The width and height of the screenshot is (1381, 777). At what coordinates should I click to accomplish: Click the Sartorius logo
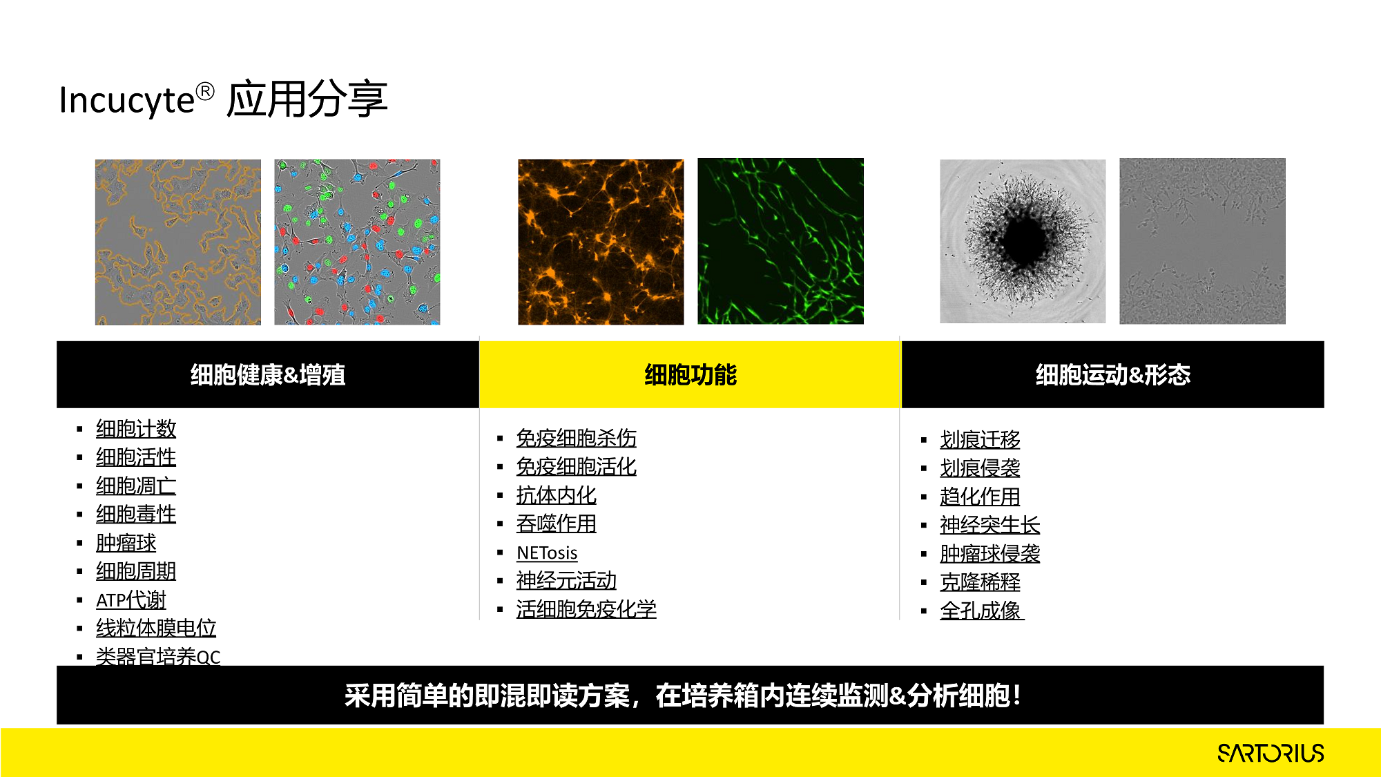[1271, 753]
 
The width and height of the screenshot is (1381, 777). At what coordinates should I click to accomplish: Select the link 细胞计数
[136, 429]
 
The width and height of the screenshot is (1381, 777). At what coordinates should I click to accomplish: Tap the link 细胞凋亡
[136, 486]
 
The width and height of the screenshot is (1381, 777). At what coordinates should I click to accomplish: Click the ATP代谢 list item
[131, 599]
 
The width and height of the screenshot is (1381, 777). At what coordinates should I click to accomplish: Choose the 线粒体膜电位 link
[156, 628]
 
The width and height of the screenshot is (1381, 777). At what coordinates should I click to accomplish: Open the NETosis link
[547, 553]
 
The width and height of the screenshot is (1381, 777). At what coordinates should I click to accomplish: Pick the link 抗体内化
[557, 495]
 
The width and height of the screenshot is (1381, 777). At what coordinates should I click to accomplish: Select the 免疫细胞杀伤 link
[577, 438]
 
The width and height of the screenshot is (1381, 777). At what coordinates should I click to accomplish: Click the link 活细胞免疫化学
[586, 609]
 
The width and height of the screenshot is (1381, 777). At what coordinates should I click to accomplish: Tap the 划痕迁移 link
[980, 439]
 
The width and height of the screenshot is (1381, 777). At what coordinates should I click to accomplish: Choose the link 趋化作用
[980, 497]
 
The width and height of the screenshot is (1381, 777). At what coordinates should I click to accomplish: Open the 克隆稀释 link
[980, 582]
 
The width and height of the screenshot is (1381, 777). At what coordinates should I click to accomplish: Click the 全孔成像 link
[981, 611]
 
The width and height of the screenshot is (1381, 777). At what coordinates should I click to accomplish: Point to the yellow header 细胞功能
[690, 374]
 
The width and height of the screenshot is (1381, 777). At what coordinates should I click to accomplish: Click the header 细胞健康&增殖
[268, 374]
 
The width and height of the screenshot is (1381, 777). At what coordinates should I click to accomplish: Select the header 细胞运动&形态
[1113, 374]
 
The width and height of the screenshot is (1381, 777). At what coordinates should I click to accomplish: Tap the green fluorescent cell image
[780, 241]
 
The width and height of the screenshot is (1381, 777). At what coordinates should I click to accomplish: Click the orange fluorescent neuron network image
[601, 242]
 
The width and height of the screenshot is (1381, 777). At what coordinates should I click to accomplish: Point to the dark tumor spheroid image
[1023, 241]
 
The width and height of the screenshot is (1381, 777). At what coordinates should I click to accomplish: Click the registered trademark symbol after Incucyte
[205, 91]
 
